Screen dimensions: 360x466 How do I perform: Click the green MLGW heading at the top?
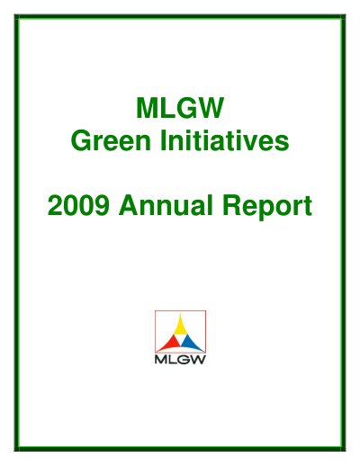[180, 108]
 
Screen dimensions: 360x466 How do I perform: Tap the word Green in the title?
[111, 140]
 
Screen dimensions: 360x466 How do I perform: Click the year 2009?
[78, 205]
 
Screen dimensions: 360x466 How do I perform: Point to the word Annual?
[166, 205]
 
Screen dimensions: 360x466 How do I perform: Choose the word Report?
[268, 207]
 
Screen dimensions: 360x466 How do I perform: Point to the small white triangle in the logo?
[180, 340]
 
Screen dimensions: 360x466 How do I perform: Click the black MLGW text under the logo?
[180, 359]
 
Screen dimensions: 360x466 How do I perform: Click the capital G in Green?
[81, 140]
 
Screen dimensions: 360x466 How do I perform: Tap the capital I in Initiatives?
[163, 140]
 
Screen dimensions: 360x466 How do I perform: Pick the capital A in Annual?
[129, 205]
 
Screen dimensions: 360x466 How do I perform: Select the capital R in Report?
[233, 205]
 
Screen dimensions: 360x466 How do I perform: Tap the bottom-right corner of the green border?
[345, 451]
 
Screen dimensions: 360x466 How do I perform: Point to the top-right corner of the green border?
[345, 14]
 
